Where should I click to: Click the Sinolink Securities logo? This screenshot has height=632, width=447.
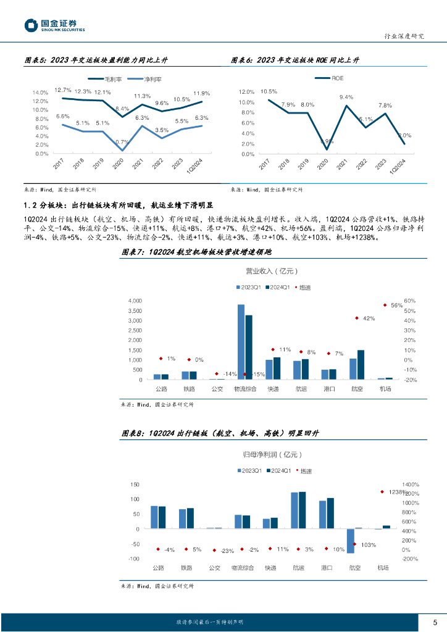(55, 25)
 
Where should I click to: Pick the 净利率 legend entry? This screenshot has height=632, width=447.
(145, 80)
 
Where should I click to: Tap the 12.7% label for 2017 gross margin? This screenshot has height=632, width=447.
(62, 90)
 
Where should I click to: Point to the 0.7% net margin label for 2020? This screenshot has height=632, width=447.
(122, 143)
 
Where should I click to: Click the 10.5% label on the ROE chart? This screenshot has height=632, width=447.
(269, 92)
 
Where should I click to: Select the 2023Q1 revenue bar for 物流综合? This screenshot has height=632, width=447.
(241, 342)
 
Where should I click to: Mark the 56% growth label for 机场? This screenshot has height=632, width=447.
(396, 306)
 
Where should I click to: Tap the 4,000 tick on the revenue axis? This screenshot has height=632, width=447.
(135, 301)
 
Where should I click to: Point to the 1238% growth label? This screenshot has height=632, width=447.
(398, 492)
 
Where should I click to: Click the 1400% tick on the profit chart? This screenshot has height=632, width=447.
(411, 484)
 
